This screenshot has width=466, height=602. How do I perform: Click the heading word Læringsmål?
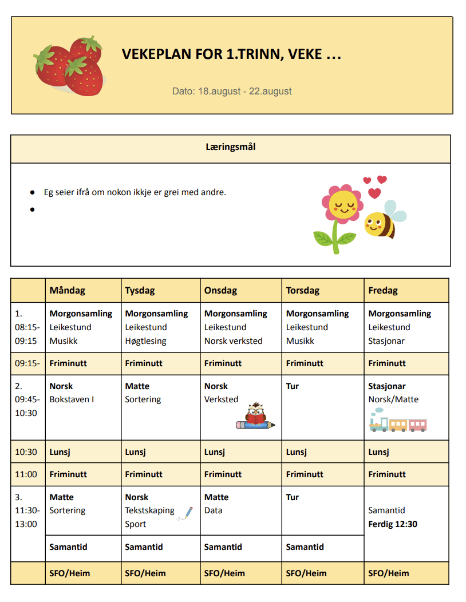point(231,147)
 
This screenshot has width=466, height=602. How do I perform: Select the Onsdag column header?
point(220,290)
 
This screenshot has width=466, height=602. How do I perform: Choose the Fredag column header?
point(383,290)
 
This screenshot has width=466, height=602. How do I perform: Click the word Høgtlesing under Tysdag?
point(145,341)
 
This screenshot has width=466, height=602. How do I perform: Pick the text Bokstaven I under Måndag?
point(72,399)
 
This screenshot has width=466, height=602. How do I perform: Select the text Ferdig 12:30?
point(393,524)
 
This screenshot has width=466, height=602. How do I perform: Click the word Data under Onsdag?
point(214,510)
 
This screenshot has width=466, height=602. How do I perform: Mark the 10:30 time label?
point(26,452)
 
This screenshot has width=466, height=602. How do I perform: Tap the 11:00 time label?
point(26,474)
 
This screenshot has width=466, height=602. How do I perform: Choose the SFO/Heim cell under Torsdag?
point(306,573)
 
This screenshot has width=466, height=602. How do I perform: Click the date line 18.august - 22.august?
point(232,91)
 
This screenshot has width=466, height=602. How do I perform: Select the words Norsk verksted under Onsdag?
point(233,341)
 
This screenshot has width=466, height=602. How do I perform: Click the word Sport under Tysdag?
point(136,524)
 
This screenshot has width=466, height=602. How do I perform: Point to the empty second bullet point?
point(33,209)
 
